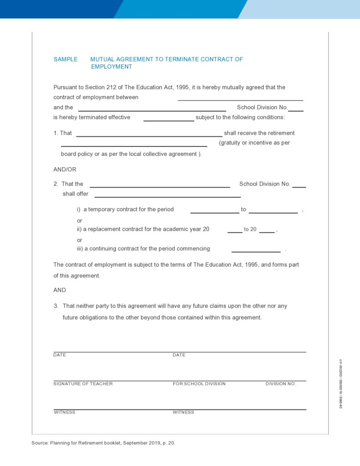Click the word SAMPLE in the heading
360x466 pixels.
coord(66,59)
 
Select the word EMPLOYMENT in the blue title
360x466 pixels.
coord(112,67)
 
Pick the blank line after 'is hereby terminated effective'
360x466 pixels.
coord(169,120)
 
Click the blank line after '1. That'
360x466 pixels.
coord(149,135)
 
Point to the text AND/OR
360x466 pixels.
coord(65,169)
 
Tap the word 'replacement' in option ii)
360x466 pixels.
coord(105,229)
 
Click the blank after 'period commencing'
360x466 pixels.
coord(256,251)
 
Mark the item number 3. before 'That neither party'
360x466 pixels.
coord(56,306)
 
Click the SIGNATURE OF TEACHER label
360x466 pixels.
coord(83,384)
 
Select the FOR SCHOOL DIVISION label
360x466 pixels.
coord(199,384)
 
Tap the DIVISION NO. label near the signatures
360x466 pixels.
coord(281,384)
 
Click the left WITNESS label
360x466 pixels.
coord(65,412)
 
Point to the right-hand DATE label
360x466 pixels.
coord(179,355)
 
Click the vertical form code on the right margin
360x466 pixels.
coord(340,383)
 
